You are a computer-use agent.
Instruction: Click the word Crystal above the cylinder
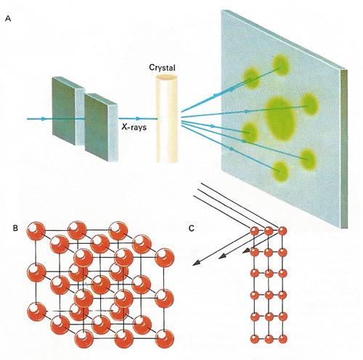coord(162,67)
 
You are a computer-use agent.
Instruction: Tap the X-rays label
coord(134,126)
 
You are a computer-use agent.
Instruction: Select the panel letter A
coord(8,19)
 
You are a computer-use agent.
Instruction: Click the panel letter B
coord(15,228)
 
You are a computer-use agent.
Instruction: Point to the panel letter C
coord(192,228)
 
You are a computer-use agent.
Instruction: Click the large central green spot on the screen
coord(281,118)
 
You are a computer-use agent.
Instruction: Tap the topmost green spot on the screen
coord(281,65)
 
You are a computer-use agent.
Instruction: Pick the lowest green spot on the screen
coord(281,172)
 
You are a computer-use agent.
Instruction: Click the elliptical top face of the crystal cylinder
coord(166,78)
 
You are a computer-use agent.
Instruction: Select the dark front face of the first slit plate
coord(64,111)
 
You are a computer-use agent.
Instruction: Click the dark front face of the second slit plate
coord(97,127)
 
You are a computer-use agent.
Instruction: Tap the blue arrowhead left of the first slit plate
coord(44,119)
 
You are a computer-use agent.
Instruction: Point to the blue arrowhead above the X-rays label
coord(139,118)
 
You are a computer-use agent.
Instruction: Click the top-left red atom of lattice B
coord(36,231)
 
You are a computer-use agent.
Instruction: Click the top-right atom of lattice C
coord(282,231)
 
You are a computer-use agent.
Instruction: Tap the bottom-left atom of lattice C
coord(254,339)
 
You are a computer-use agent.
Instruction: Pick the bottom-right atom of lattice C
coord(282,339)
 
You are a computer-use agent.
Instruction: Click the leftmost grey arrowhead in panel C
coord(197,263)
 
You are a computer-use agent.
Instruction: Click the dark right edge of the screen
coord(344,149)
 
